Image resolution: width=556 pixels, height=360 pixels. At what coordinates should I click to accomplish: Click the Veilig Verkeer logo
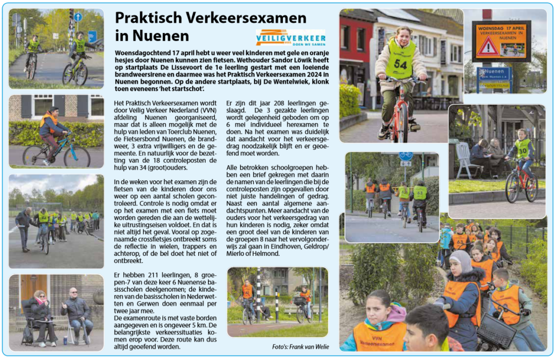290,37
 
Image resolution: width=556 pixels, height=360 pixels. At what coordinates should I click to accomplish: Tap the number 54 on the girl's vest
401,64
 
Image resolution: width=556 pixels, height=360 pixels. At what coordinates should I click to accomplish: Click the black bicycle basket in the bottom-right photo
496,330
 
